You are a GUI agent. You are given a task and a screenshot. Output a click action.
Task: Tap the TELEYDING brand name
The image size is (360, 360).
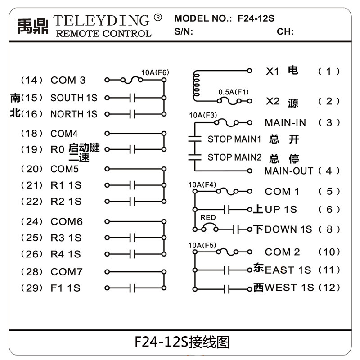click(101, 20)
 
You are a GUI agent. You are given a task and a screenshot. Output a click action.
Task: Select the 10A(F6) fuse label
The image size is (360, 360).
click(155, 72)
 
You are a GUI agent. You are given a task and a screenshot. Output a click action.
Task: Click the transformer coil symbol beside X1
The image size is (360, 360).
click(196, 85)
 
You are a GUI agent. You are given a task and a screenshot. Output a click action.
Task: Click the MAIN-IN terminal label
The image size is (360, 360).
click(285, 122)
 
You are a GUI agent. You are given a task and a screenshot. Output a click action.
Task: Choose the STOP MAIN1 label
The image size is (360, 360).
click(234, 139)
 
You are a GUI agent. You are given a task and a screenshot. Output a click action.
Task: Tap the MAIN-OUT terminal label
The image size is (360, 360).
click(288, 171)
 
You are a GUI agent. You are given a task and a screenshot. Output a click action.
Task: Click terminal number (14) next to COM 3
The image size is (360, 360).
click(32, 81)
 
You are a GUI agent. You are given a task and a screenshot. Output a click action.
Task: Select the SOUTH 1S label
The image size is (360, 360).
click(74, 98)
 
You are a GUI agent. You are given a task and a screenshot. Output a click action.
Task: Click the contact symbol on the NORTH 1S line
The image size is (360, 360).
click(132, 114)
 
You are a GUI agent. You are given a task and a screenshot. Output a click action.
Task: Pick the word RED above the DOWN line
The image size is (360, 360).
click(208, 218)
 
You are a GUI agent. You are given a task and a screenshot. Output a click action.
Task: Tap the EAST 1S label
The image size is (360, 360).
click(288, 270)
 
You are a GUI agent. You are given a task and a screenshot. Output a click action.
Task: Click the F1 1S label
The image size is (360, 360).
click(65, 288)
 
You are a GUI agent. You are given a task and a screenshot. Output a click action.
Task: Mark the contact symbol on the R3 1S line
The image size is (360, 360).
click(132, 238)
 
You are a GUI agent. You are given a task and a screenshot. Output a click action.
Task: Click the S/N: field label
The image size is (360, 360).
click(184, 31)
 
